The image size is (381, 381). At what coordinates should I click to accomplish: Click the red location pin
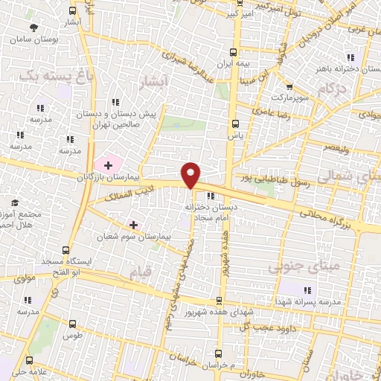click(x=191, y=174)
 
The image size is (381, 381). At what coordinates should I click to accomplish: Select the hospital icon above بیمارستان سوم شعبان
click(x=134, y=224)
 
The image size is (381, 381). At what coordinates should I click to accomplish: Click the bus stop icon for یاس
click(x=236, y=124)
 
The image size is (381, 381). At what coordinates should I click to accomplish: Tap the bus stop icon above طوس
click(x=71, y=324)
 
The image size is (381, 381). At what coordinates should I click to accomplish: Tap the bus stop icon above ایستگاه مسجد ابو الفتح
click(x=66, y=250)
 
